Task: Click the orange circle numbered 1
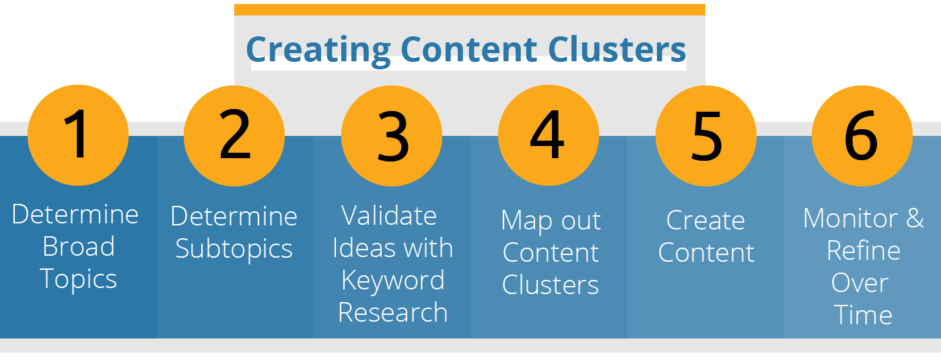pyautogui.click(x=78, y=135)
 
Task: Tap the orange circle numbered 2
pyautogui.click(x=234, y=136)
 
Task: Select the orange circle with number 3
pyautogui.click(x=392, y=136)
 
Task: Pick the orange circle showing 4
pyautogui.click(x=549, y=135)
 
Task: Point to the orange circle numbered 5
pyautogui.click(x=706, y=136)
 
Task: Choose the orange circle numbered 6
pyautogui.click(x=862, y=136)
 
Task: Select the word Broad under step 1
pyautogui.click(x=79, y=246)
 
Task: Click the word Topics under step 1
pyautogui.click(x=79, y=279)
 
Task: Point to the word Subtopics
pyautogui.click(x=234, y=249)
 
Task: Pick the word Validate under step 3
pyautogui.click(x=389, y=215)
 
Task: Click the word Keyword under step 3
pyautogui.click(x=393, y=281)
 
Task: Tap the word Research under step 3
pyautogui.click(x=393, y=312)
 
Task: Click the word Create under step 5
pyautogui.click(x=705, y=220)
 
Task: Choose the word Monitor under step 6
pyautogui.click(x=850, y=218)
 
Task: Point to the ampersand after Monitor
pyautogui.click(x=915, y=218)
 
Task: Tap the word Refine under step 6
pyautogui.click(x=864, y=250)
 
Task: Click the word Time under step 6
pyautogui.click(x=863, y=315)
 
